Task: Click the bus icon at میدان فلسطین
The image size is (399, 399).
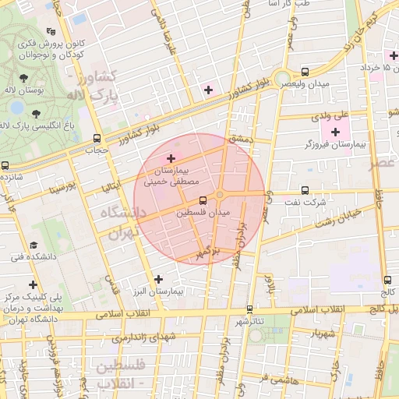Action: tap(203, 199)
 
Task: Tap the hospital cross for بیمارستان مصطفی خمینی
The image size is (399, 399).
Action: tap(171, 158)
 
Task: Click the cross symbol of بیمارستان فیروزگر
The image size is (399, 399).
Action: tap(336, 132)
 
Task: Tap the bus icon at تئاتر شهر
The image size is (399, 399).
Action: tap(249, 308)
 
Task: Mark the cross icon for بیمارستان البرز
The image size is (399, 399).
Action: tap(159, 279)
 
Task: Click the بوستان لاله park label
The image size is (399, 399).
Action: tap(47, 91)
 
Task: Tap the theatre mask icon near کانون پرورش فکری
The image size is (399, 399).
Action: tap(51, 32)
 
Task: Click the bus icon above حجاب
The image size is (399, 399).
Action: tap(96, 138)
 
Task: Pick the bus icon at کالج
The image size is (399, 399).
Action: tap(388, 280)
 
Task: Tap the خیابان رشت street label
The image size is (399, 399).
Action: tap(338, 217)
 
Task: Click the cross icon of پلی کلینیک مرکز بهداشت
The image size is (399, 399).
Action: tap(33, 284)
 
